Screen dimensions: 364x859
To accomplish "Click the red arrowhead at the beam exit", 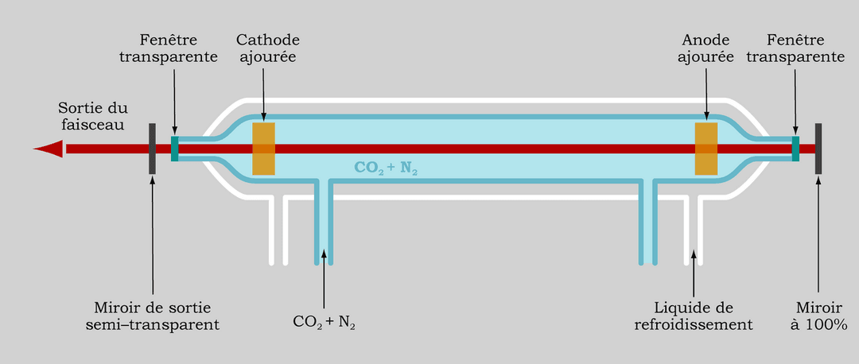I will pos(49,149).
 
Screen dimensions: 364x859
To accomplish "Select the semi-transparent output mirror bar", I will pos(152,149).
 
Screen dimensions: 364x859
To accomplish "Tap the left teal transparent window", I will pos(175,149).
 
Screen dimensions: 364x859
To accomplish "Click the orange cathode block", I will pos(263,149).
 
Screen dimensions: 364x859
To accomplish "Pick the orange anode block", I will pos(705,149).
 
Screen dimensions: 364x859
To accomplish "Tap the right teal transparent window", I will pos(795,149).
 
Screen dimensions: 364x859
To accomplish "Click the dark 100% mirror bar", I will pos(818,149).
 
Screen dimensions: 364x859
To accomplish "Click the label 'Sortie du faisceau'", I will pos(92,116).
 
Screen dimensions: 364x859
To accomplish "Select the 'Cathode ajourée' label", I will pos(268,48).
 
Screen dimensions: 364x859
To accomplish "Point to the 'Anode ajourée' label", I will pos(706,48).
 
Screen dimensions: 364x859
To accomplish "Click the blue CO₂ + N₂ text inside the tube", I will pos(386,168).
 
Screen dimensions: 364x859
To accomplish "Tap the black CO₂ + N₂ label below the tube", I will pos(324,322).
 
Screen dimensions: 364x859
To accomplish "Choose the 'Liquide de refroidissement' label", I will pos(693,316).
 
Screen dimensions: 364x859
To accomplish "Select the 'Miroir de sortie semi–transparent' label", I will pos(157,316).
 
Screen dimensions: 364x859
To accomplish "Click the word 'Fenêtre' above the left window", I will pos(168,39).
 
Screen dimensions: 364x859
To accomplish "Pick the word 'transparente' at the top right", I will pos(806,57).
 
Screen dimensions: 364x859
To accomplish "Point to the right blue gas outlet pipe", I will pos(647,230).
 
